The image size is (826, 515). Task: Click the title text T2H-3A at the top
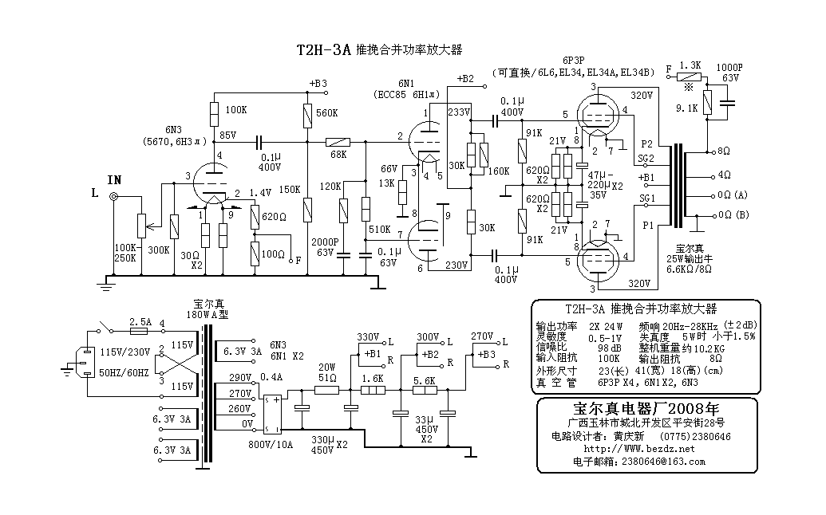click(x=323, y=49)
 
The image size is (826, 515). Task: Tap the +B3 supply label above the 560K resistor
click(x=318, y=84)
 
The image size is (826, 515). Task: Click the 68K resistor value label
click(x=337, y=154)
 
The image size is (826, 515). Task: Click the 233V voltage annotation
click(x=459, y=113)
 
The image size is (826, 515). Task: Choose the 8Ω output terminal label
click(x=724, y=150)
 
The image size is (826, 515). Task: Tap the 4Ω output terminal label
click(x=724, y=173)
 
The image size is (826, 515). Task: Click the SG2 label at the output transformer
click(x=647, y=159)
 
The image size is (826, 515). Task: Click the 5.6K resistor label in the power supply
click(x=424, y=380)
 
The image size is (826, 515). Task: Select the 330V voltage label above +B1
click(x=368, y=336)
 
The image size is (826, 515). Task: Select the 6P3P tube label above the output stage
click(x=573, y=60)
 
